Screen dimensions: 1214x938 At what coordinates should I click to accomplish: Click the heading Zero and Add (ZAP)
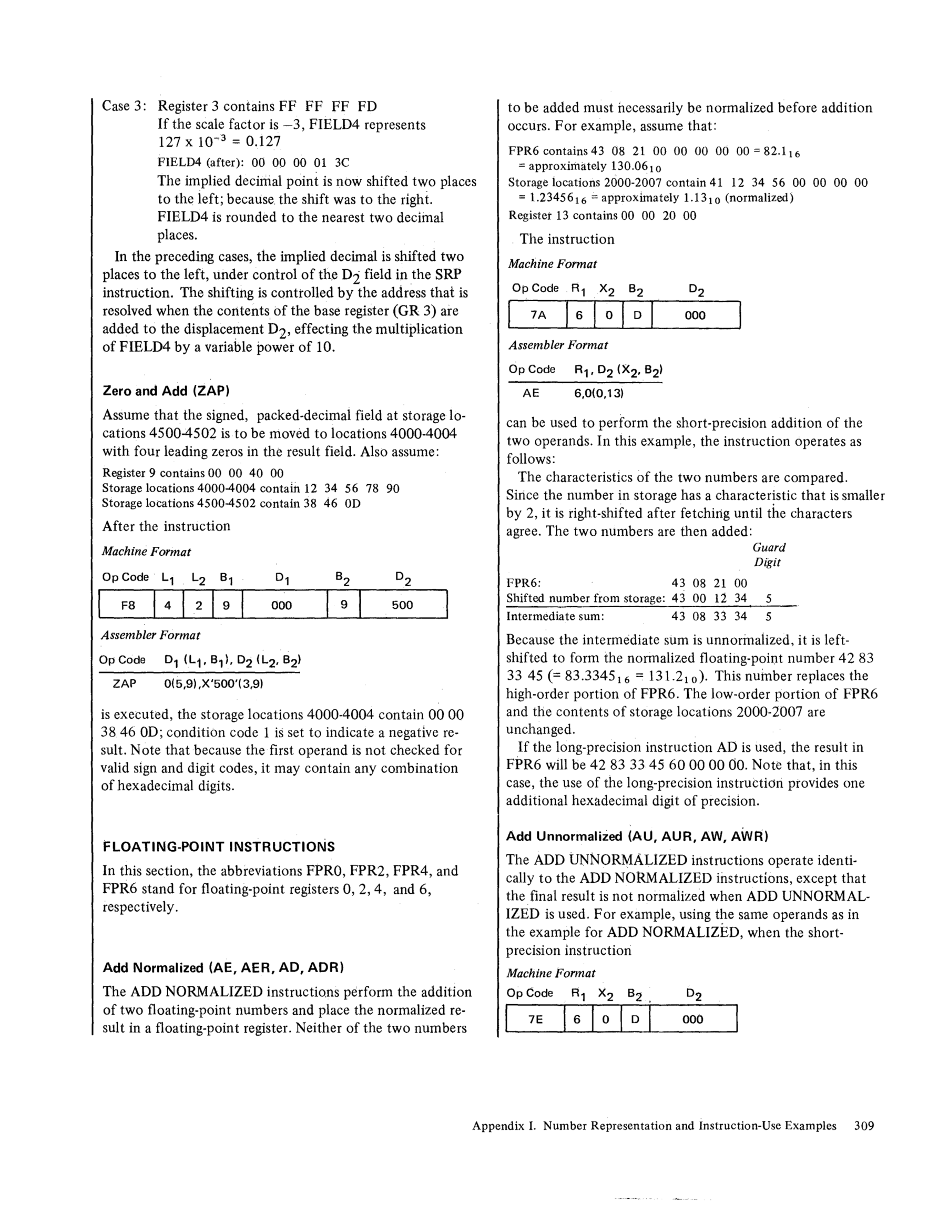click(166, 391)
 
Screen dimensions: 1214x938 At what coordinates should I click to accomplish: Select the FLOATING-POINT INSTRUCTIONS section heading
click(219, 846)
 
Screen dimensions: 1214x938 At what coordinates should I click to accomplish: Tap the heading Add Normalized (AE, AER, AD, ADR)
click(223, 968)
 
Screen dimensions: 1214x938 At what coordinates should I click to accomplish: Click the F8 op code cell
click(127, 605)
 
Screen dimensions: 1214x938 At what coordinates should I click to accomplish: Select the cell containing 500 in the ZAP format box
click(402, 605)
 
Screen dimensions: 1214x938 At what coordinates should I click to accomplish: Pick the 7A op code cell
click(538, 315)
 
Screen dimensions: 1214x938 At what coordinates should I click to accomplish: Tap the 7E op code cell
click(535, 1019)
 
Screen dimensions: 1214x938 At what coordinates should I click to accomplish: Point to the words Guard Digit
click(768, 555)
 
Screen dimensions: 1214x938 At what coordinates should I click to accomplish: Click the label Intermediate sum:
click(555, 616)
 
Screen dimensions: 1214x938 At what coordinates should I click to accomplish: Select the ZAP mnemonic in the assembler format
click(124, 683)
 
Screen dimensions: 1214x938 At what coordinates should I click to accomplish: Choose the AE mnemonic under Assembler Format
click(531, 393)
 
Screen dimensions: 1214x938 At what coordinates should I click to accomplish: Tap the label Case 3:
click(124, 106)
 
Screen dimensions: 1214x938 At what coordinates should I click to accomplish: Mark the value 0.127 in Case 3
click(262, 142)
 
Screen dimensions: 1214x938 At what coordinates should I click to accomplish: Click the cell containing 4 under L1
click(168, 605)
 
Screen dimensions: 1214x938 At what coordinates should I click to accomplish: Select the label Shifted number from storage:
click(585, 599)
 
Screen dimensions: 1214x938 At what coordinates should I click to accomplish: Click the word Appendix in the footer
click(496, 1126)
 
